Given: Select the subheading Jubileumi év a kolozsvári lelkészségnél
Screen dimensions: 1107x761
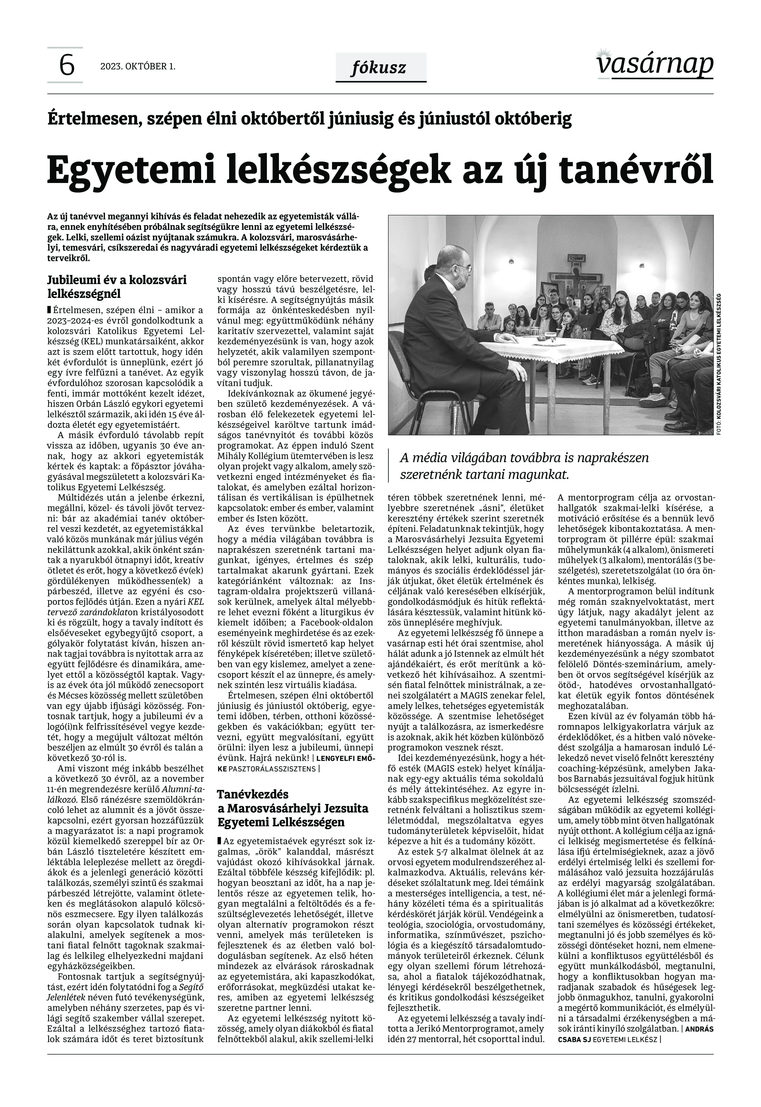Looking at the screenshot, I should tap(117, 286).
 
